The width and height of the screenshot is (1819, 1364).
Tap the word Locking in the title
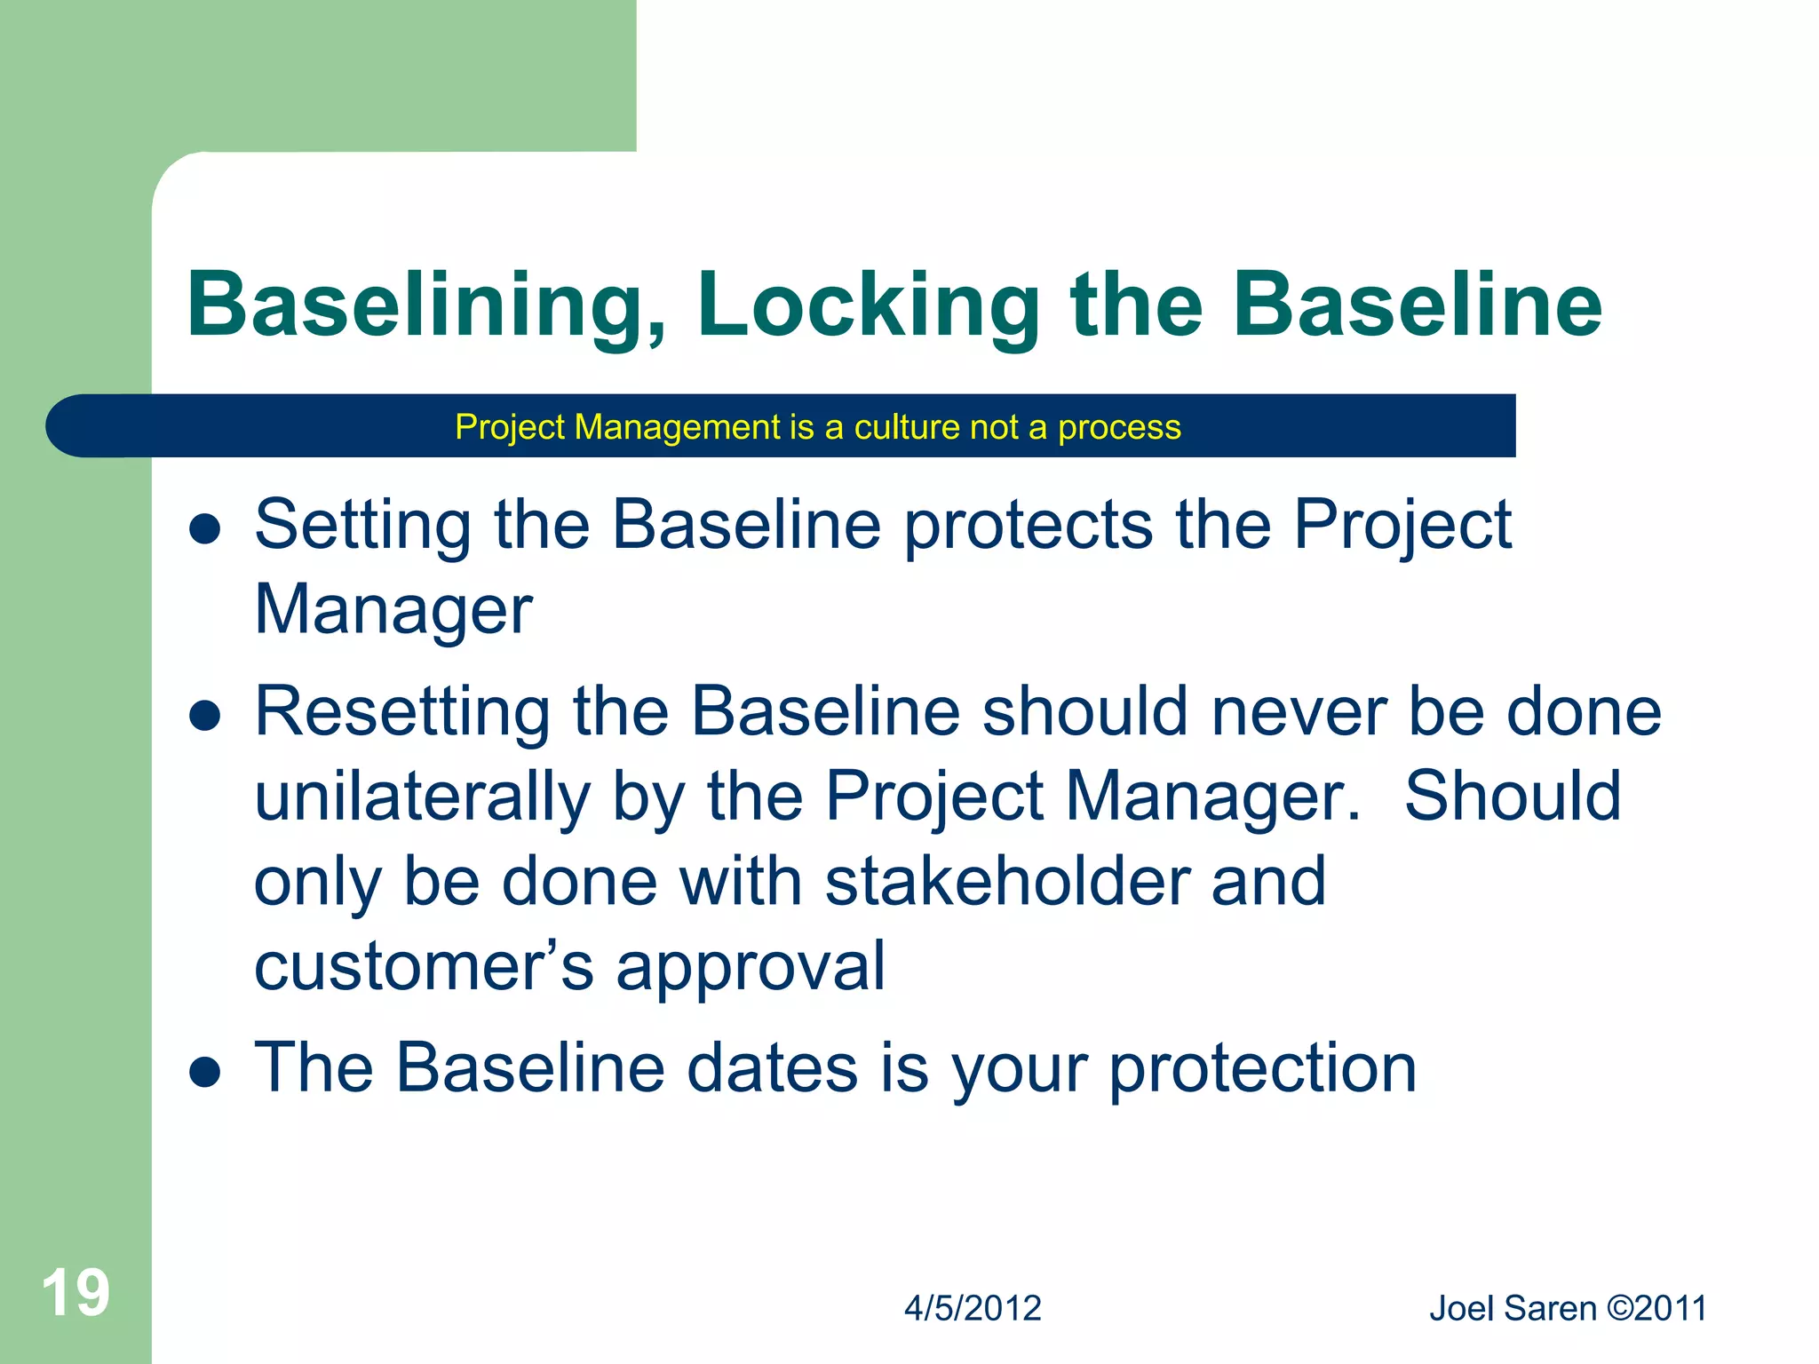868,306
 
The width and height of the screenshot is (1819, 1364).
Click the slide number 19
75,1293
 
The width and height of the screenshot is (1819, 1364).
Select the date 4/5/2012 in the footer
973,1309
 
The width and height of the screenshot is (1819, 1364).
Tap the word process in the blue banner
1119,427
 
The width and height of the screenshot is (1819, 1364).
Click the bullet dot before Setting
205,529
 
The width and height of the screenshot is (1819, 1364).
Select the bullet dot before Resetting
205,716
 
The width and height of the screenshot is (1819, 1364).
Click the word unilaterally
422,797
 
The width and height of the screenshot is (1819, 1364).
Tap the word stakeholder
1006,882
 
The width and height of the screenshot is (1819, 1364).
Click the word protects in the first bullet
1029,526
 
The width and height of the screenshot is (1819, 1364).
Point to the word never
1299,712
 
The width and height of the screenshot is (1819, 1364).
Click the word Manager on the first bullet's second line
393,611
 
